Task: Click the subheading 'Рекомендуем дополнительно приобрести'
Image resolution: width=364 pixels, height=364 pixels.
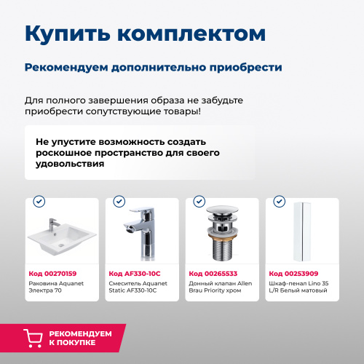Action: click(153, 67)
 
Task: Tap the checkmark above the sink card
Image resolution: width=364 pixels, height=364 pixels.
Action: click(39, 201)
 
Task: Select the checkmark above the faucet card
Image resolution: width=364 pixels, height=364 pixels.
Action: click(119, 201)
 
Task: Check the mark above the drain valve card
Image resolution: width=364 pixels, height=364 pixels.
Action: click(199, 201)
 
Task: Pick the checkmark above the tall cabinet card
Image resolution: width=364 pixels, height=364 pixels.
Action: click(279, 201)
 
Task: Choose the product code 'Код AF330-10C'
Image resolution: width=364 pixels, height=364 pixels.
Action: click(133, 274)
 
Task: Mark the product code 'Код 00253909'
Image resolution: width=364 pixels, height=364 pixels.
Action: click(292, 274)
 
